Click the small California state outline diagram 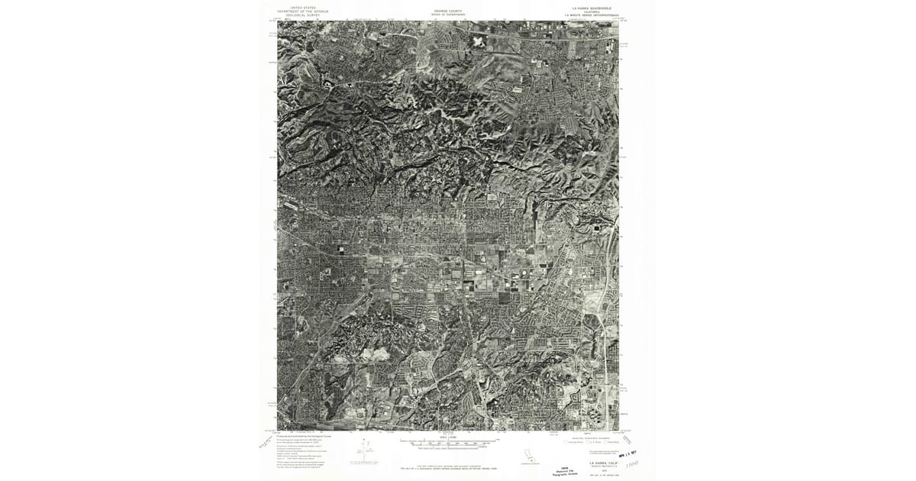point(527,457)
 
